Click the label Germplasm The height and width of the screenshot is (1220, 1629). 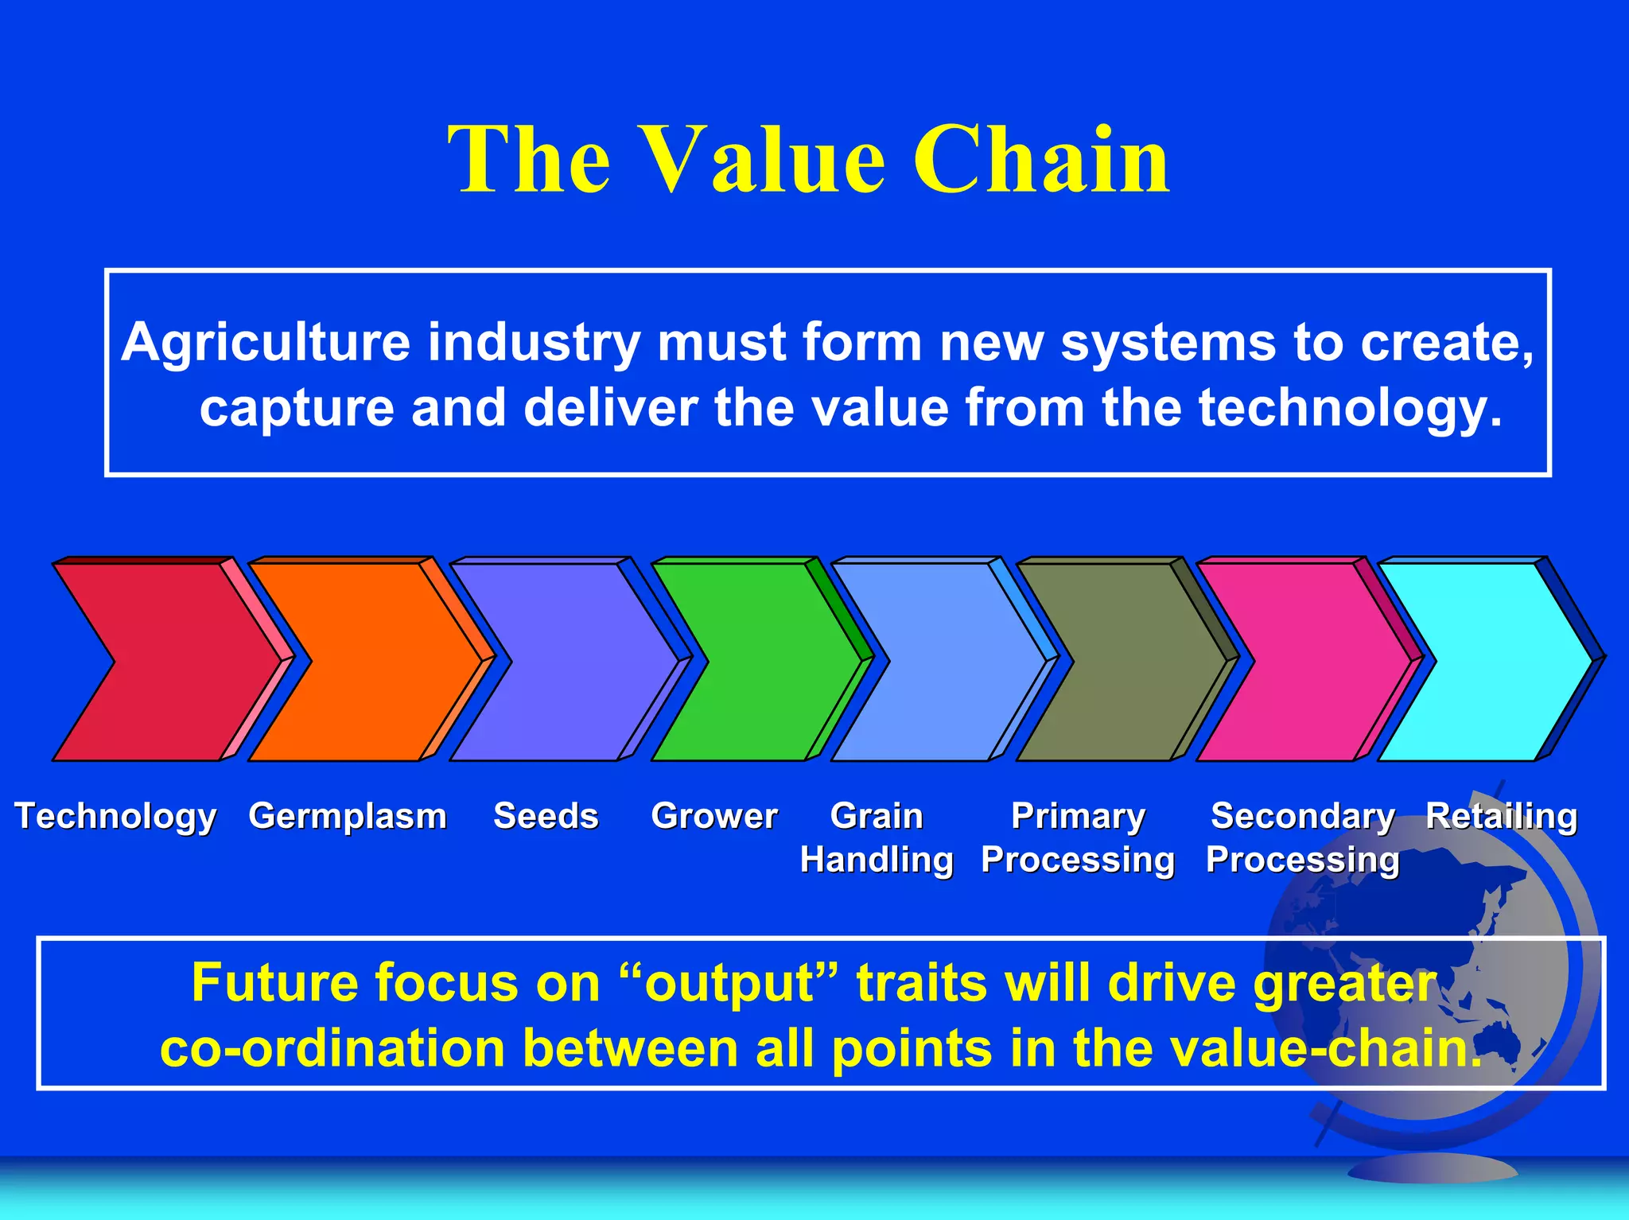click(348, 816)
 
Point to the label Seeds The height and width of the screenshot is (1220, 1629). click(546, 816)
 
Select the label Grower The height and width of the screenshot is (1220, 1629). click(713, 816)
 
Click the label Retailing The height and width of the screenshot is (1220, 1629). click(1501, 816)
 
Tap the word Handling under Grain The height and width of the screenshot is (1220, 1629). click(877, 860)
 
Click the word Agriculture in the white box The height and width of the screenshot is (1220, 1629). click(266, 343)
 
